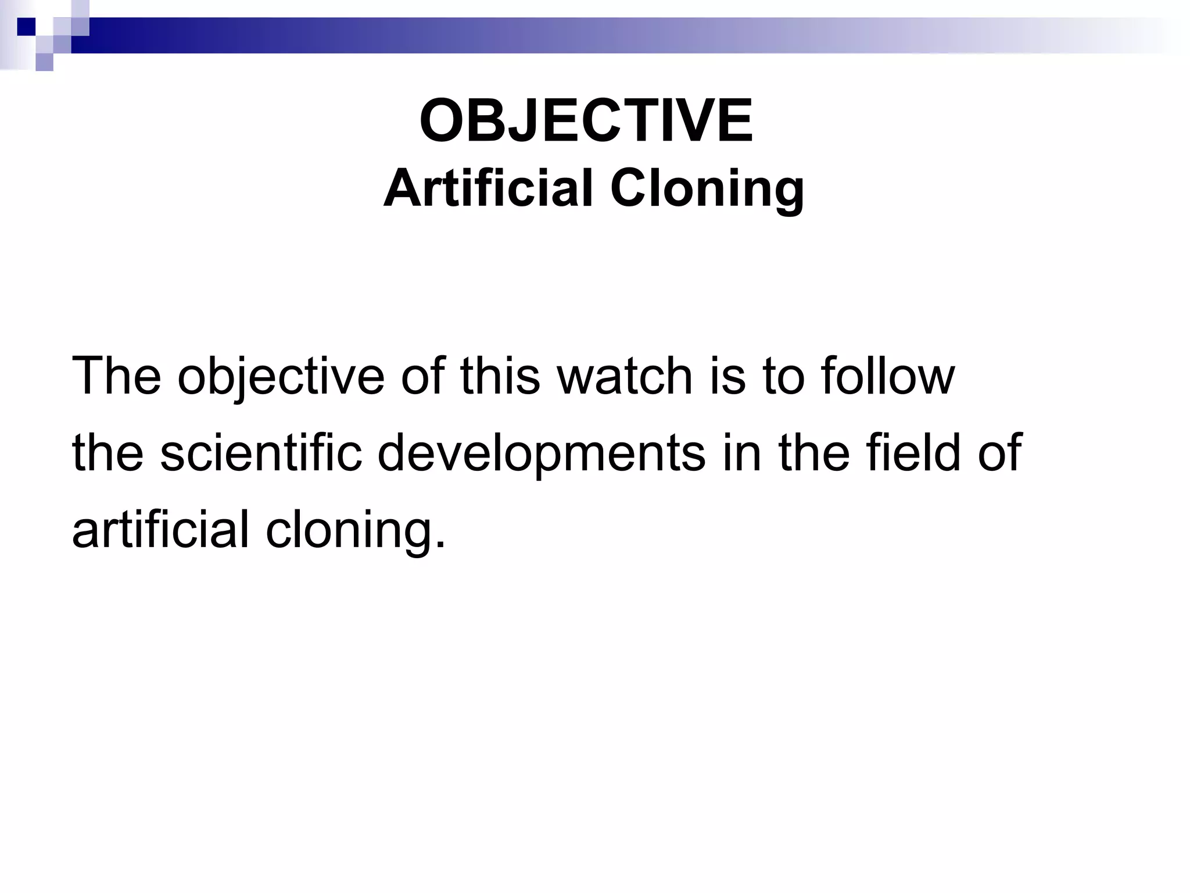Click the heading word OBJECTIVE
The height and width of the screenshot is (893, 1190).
coord(586,122)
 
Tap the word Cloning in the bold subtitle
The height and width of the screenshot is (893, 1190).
coord(707,190)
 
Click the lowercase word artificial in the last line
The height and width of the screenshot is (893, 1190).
coord(160,529)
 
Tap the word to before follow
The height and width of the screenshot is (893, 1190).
coord(783,377)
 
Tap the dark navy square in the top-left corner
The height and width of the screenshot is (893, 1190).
coord(27,27)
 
